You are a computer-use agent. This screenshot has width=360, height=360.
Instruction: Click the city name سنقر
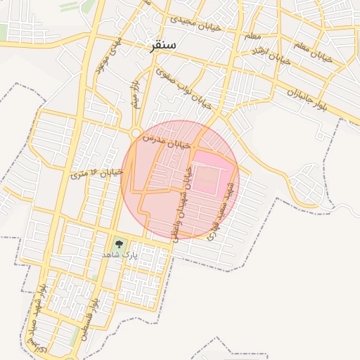[162, 46]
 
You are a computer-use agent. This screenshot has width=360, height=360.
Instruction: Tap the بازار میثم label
[134, 93]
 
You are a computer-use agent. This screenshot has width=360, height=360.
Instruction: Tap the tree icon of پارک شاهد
[119, 243]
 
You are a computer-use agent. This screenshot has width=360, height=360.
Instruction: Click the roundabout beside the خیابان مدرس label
[134, 131]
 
